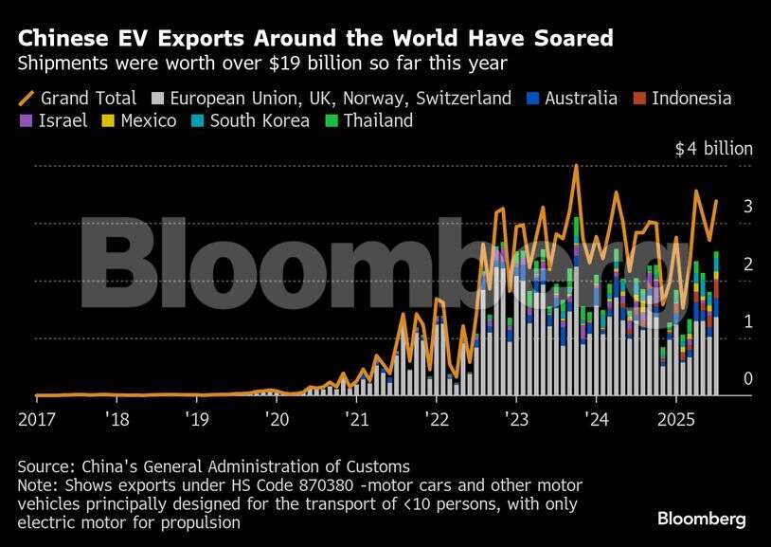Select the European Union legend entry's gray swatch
(x=158, y=98)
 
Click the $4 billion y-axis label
(x=713, y=149)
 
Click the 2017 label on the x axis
(x=35, y=418)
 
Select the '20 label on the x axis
(x=277, y=418)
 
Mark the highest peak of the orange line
(x=576, y=166)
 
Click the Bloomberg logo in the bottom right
(x=702, y=519)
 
